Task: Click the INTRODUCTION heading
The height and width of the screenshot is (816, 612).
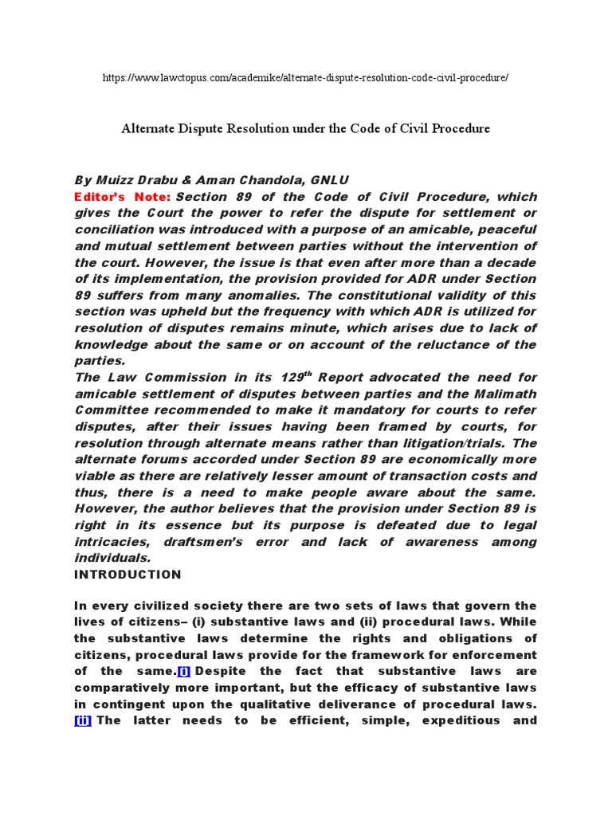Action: pos(127,574)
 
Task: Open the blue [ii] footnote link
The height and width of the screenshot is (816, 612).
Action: pos(83,720)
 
